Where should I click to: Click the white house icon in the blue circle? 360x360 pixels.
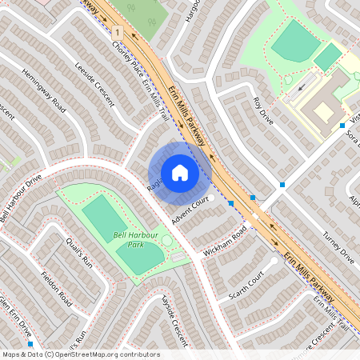(x=179, y=173)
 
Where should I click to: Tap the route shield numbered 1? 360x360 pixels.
(x=118, y=32)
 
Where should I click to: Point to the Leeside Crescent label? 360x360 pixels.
(x=94, y=85)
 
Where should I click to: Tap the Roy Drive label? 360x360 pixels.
(x=262, y=111)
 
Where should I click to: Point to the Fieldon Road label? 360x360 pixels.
(x=56, y=291)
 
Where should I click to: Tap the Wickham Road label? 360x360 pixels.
(x=224, y=242)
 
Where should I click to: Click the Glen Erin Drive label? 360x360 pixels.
(x=16, y=317)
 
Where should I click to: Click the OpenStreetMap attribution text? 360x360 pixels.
(x=81, y=354)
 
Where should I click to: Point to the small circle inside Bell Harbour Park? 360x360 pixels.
(x=166, y=240)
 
